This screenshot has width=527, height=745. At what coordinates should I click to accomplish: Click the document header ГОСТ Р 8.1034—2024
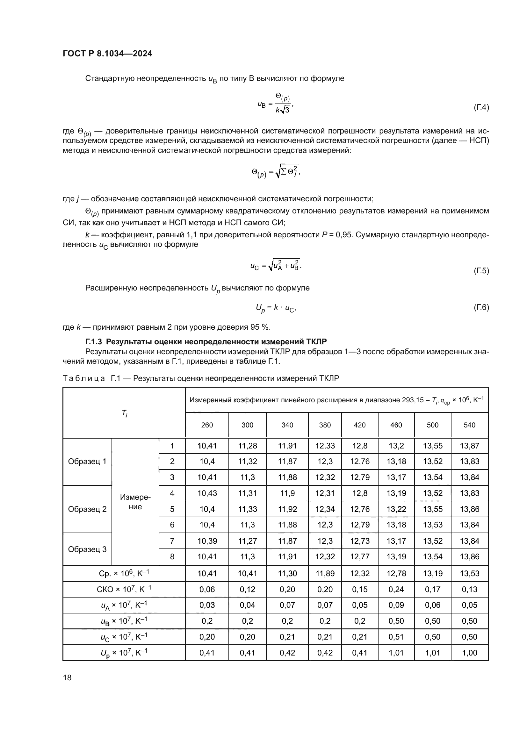coord(107,54)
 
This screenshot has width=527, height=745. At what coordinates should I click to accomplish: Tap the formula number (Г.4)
coord(481,107)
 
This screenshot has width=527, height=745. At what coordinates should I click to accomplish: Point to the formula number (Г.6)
coord(481,307)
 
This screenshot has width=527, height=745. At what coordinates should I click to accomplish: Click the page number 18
coord(67,677)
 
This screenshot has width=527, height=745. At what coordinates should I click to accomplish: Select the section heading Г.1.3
coord(206,342)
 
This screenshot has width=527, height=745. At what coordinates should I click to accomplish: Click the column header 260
coord(207,425)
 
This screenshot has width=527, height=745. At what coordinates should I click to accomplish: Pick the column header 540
coord(469,425)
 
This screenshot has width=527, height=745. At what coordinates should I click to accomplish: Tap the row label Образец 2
coord(87,509)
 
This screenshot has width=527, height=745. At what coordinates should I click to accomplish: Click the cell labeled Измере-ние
coord(135,502)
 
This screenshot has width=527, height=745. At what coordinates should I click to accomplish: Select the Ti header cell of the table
coord(124,413)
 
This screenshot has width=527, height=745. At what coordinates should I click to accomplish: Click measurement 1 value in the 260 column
coord(207,446)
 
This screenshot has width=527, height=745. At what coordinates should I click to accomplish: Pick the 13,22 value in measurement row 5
coord(396,509)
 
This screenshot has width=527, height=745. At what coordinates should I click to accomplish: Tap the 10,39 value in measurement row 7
coord(207,541)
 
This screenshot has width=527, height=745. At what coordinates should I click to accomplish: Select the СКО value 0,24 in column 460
coord(396,589)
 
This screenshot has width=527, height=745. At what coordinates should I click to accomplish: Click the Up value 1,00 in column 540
coord(469,653)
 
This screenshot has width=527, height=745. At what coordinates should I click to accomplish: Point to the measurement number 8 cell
coord(172,557)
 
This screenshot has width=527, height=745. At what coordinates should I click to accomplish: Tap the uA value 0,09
coord(396,605)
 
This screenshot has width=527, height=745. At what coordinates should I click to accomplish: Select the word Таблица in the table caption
coord(84,378)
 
